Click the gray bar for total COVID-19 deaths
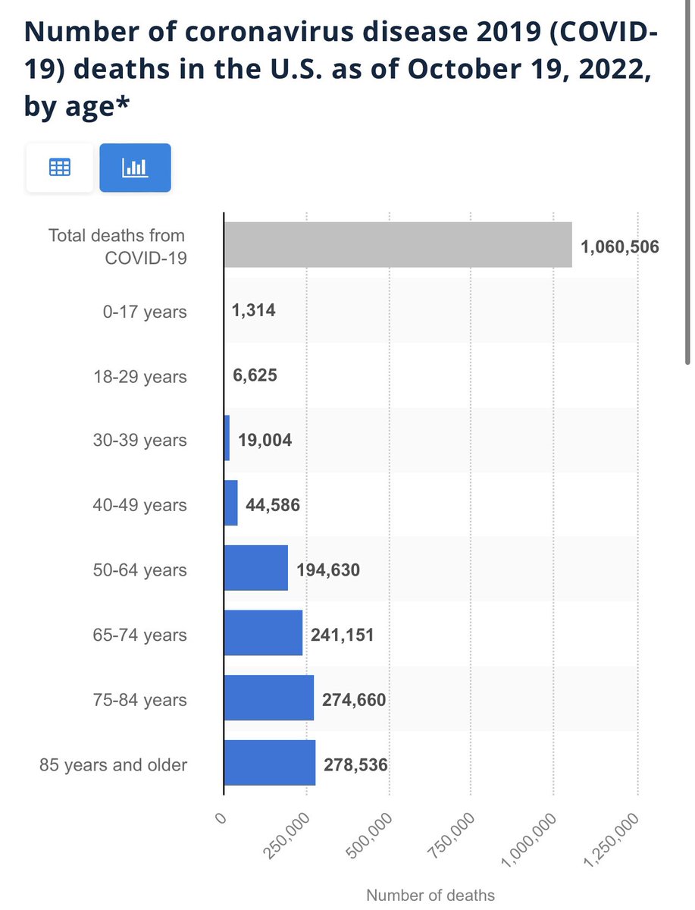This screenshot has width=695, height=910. pyautogui.click(x=398, y=245)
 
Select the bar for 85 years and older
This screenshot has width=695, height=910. pyautogui.click(x=270, y=763)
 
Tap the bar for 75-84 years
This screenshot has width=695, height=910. pyautogui.click(x=269, y=698)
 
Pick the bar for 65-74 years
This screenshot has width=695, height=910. pyautogui.click(x=263, y=633)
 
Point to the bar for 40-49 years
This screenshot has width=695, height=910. pyautogui.click(x=231, y=504)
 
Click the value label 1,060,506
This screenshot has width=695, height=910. pyautogui.click(x=621, y=246)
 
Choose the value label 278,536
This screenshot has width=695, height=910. pyautogui.click(x=355, y=764)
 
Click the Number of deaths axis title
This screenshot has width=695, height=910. pyautogui.click(x=430, y=895)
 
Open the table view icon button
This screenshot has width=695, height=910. pyautogui.click(x=60, y=168)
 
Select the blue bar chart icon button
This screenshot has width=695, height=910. pyautogui.click(x=136, y=168)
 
